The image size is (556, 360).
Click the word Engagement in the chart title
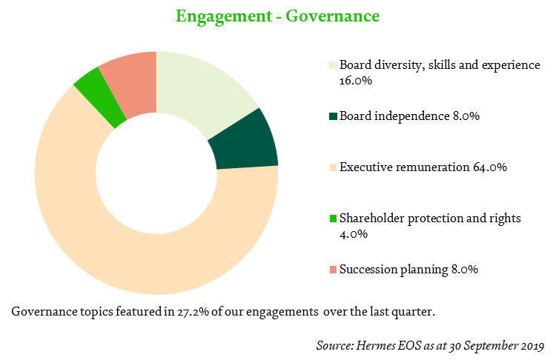pos(224,16)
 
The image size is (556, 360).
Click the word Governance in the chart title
pos(333,16)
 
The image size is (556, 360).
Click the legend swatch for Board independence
pos(333,116)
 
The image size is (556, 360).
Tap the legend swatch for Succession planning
pos(333,270)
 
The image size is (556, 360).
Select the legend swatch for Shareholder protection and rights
pos(333,219)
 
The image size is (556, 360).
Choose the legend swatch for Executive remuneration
pos(333,167)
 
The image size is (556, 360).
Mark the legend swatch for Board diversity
pos(333,65)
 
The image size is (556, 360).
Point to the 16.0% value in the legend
pos(356,81)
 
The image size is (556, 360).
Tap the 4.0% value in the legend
pos(354,234)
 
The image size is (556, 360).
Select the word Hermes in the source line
pos(375,345)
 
